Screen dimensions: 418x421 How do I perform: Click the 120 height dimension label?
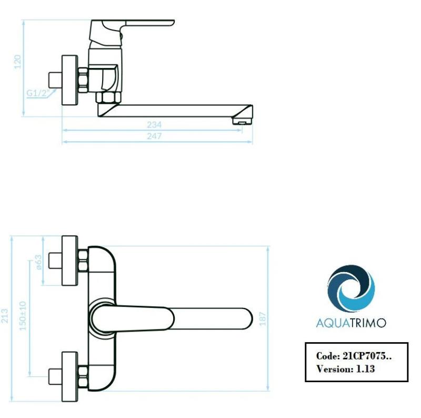[17, 62]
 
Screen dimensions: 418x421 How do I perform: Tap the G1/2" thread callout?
[37, 94]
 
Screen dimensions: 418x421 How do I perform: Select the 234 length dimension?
[154, 125]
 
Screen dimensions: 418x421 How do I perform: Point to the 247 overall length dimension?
[154, 136]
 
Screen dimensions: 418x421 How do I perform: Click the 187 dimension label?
[262, 318]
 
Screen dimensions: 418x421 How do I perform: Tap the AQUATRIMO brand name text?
[350, 323]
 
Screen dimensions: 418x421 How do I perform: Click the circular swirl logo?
[351, 290]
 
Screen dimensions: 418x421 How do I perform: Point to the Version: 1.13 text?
[345, 369]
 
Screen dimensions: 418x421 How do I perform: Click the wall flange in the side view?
[70, 81]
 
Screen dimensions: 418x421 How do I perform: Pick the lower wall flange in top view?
[70, 376]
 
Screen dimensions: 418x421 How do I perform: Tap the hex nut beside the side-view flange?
[83, 81]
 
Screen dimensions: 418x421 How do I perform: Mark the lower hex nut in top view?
[83, 376]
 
